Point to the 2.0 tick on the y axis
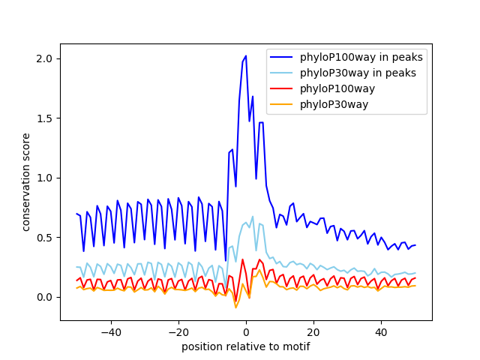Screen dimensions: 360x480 pyautogui.click(x=46, y=58)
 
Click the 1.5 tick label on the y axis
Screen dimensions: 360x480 pyautogui.click(x=46, y=118)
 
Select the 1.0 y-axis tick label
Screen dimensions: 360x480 pyautogui.click(x=46, y=178)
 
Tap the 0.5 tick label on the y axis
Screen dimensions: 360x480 pyautogui.click(x=46, y=237)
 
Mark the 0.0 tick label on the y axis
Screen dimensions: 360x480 pyautogui.click(x=46, y=297)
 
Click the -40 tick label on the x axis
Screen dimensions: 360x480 pyautogui.click(x=110, y=332)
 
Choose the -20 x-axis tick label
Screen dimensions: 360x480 pyautogui.click(x=178, y=332)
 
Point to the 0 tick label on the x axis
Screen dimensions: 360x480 pyautogui.click(x=246, y=332)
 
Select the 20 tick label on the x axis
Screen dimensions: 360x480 pyautogui.click(x=313, y=332)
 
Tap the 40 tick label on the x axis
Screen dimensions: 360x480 pyautogui.click(x=381, y=332)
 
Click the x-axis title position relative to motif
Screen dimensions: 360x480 pyautogui.click(x=246, y=346)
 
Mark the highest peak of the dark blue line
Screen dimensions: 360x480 pyautogui.click(x=246, y=55)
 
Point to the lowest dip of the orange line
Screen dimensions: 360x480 pyautogui.click(x=235, y=307)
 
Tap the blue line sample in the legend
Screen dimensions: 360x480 pyautogui.click(x=283, y=58)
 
